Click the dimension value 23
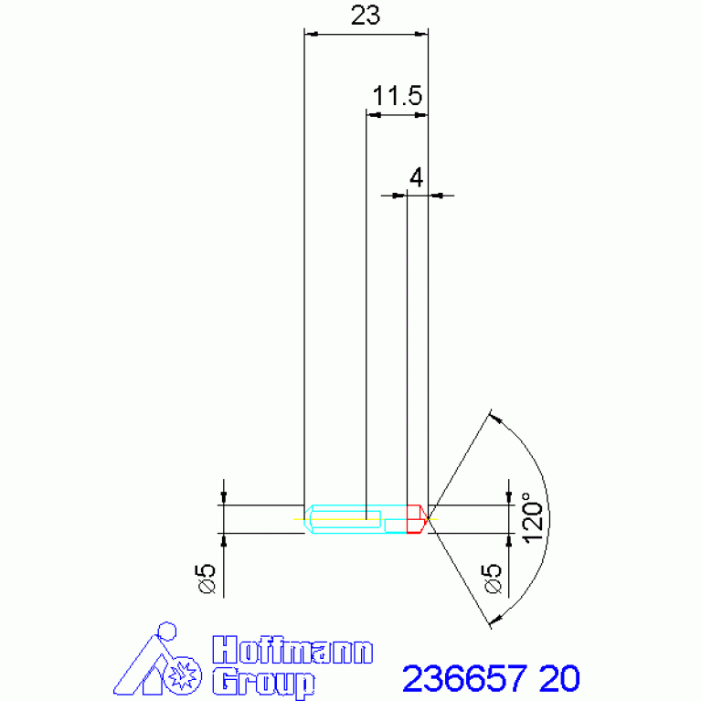tap(366, 16)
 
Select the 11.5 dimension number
tap(398, 96)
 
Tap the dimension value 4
tap(416, 178)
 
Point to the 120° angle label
tap(533, 518)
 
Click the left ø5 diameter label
tap(207, 579)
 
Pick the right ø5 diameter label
tap(492, 579)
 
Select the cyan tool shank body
tap(356, 519)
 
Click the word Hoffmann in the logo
tap(292, 650)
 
